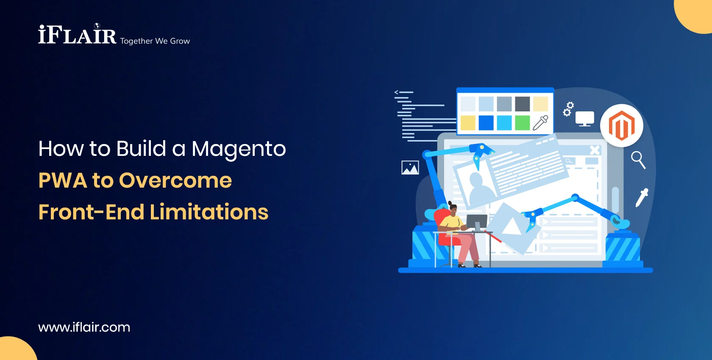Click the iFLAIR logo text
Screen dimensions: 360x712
tap(77, 35)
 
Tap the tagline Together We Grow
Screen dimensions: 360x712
tap(155, 41)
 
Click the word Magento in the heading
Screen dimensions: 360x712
tap(239, 149)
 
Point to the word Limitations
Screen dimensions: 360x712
tap(209, 212)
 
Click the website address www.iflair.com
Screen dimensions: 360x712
tap(84, 327)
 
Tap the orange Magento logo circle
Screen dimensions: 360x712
tap(621, 126)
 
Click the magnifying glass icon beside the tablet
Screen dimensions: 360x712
tap(638, 160)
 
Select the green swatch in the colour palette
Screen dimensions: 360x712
tap(522, 123)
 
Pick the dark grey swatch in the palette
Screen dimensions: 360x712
tap(522, 104)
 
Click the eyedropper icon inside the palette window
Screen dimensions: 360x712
tap(540, 123)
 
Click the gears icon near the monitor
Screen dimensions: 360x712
tap(568, 109)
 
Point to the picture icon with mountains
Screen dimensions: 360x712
tap(410, 168)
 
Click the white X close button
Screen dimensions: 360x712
tap(595, 150)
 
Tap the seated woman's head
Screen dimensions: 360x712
tap(452, 208)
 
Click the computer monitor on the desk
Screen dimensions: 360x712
tap(476, 222)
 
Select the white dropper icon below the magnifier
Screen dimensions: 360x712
tap(642, 197)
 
